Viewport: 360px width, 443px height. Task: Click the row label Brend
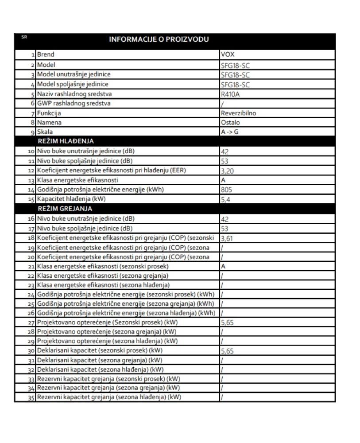click(46, 55)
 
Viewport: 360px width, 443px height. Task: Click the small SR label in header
click(25, 37)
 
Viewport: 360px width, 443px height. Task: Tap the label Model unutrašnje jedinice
click(74, 74)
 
